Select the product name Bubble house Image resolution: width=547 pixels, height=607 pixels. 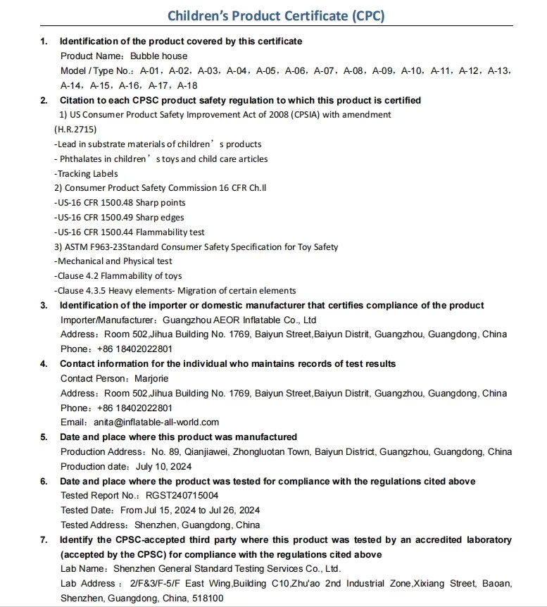click(159, 56)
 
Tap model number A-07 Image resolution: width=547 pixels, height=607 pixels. click(324, 70)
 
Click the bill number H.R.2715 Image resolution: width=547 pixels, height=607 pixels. click(75, 129)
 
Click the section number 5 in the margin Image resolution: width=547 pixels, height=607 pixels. click(44, 437)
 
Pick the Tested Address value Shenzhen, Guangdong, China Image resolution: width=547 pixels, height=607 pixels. click(196, 525)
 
